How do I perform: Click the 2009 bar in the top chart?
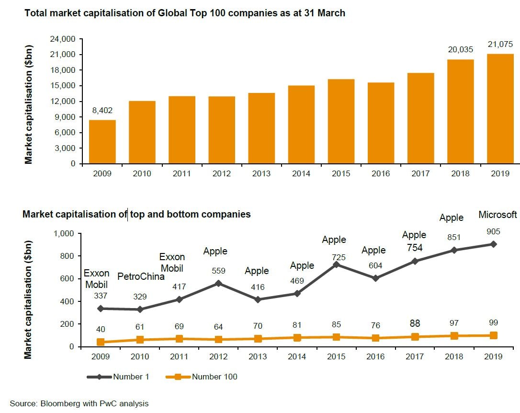tap(102, 142)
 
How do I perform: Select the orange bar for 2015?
tap(341, 122)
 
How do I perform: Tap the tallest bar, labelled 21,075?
tap(500, 109)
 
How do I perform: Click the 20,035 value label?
tap(460, 49)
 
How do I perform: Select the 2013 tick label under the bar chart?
tap(261, 173)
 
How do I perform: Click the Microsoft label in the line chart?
tap(498, 215)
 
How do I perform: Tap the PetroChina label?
tap(141, 276)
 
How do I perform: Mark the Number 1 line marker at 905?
tap(493, 244)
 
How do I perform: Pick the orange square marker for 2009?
tap(101, 342)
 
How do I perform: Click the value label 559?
tap(218, 271)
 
